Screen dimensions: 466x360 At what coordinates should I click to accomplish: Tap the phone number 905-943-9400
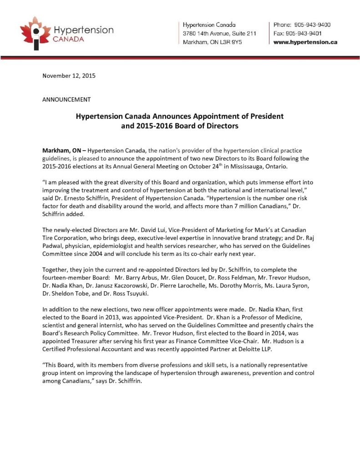coord(314,24)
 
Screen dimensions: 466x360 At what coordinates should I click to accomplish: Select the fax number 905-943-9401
coord(310,33)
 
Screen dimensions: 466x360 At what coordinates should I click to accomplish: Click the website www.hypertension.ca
coord(305,42)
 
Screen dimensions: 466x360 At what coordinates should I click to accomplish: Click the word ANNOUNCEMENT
coord(66,99)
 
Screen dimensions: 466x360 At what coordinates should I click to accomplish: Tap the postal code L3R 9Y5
coord(232,42)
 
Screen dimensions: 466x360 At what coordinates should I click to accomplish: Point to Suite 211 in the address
coord(246,33)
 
